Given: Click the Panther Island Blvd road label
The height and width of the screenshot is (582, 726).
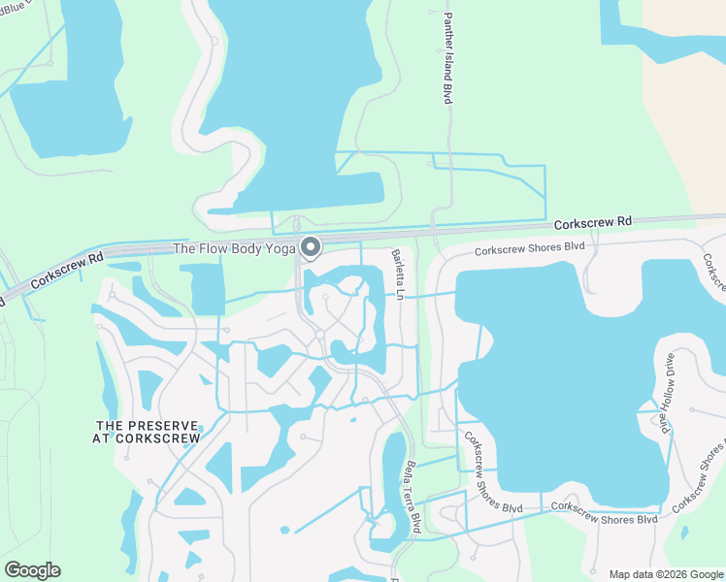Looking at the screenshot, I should tap(448, 59).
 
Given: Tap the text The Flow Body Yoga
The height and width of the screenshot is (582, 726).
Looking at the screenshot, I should tap(233, 249).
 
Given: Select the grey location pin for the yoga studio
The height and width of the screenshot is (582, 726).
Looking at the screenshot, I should tap(311, 248).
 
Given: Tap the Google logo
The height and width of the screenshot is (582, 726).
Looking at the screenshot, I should tap(32, 570).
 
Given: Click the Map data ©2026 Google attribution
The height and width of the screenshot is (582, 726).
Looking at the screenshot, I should tap(666, 574).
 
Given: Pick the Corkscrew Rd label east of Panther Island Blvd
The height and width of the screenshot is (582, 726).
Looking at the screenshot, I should tap(593, 223).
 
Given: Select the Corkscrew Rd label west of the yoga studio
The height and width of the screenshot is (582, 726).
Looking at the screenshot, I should tap(67, 272).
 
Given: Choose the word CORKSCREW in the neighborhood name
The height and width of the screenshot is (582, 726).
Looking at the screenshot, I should tap(162, 438).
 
